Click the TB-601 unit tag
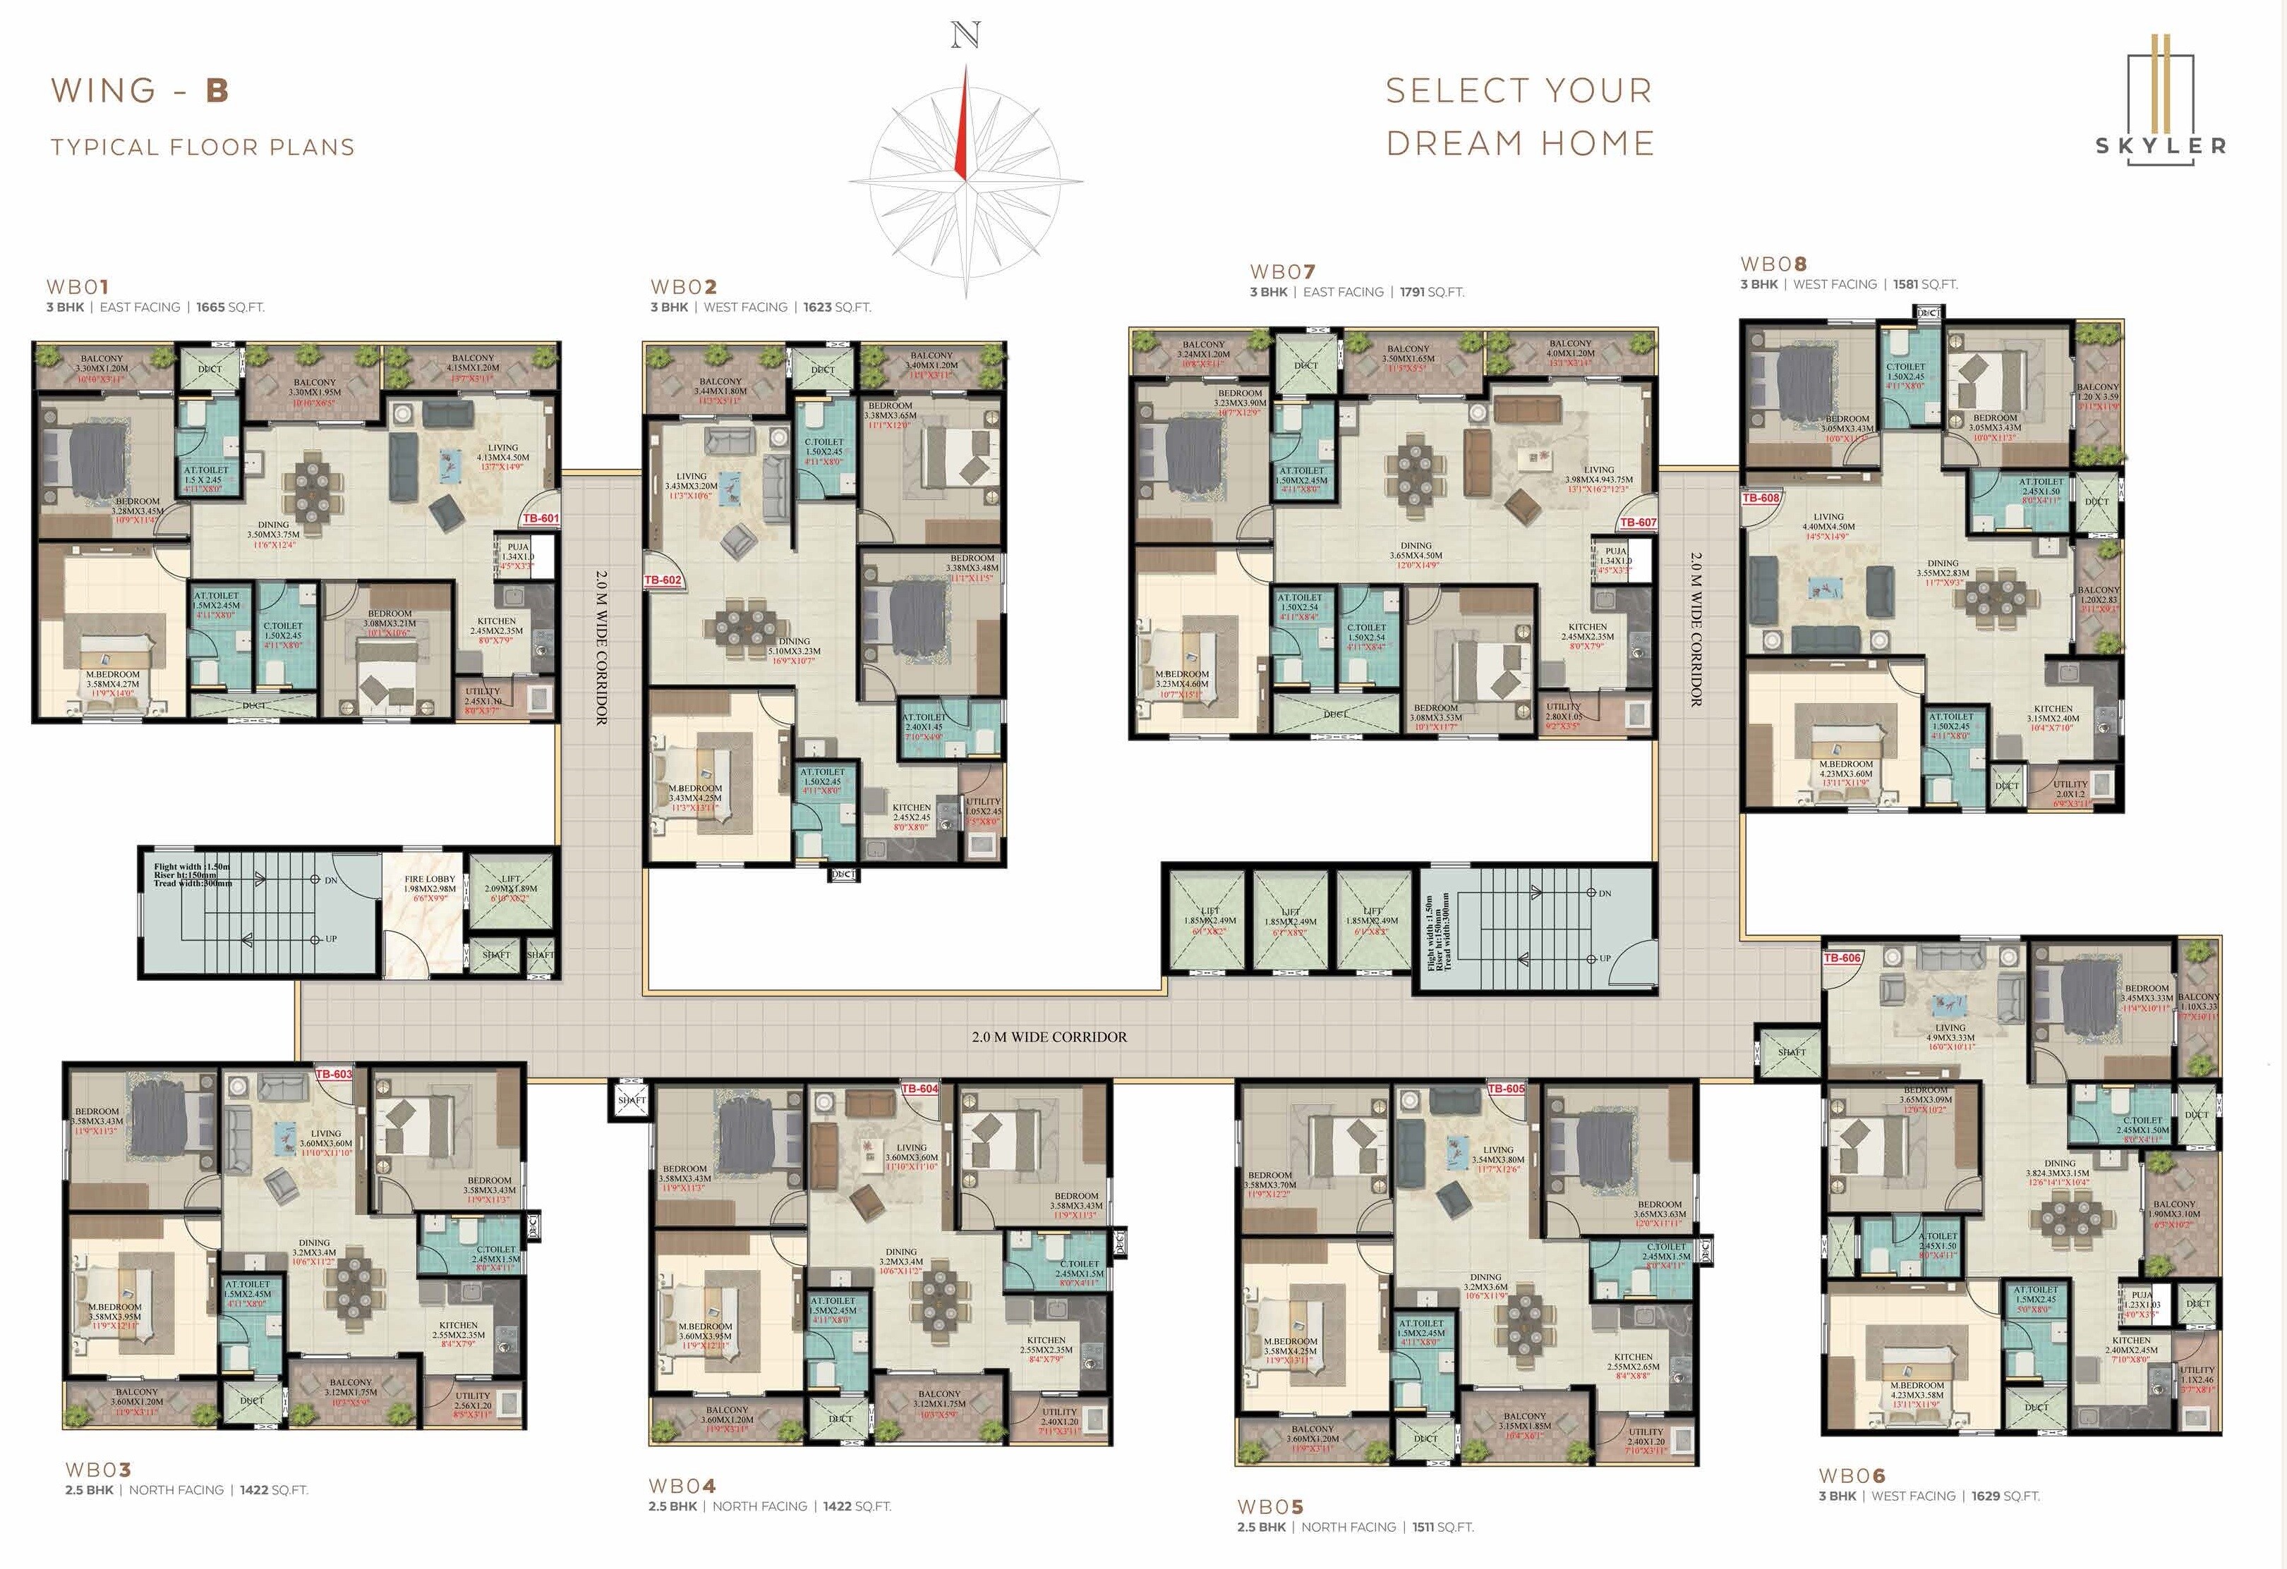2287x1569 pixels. coord(541,518)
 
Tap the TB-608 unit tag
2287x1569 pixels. coord(1761,498)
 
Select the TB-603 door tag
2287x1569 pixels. coord(334,1074)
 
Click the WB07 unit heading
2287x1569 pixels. coord(1282,271)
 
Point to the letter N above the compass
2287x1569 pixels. coord(965,37)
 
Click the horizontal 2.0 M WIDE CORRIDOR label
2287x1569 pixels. coord(1049,1037)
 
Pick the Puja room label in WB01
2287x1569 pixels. coord(518,547)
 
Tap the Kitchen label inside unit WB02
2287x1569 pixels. coord(911,807)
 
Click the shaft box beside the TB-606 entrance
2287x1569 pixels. coord(1791,1051)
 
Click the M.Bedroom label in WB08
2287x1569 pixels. coord(1845,764)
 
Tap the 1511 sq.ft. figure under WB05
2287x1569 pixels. coord(1422,1527)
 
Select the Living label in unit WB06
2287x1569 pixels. coord(1950,1027)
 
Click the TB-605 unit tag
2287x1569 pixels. coord(1506,1089)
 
